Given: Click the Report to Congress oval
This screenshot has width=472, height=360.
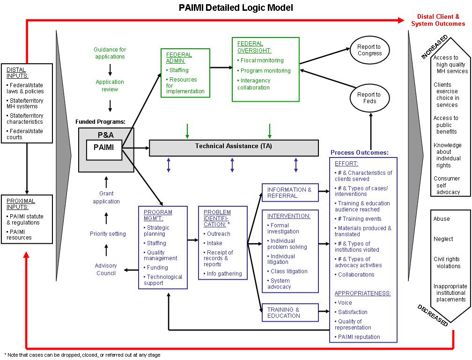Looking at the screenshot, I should pyautogui.click(x=369, y=50).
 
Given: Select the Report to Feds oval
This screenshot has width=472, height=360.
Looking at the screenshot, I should pyautogui.click(x=369, y=98).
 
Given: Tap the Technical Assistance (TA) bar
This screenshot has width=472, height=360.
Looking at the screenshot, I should pyautogui.click(x=233, y=146).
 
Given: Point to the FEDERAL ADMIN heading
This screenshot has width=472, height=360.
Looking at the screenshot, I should pyautogui.click(x=179, y=58).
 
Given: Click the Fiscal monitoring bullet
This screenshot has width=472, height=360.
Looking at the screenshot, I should pyautogui.click(x=261, y=60).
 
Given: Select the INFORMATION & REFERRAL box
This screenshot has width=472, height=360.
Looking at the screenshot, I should pyautogui.click(x=289, y=193).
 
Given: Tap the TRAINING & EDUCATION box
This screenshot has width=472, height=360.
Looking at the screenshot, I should pyautogui.click(x=289, y=313).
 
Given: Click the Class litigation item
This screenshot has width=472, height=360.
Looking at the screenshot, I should pyautogui.click(x=289, y=271).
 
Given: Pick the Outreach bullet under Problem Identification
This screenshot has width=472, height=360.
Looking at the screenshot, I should pyautogui.click(x=218, y=234).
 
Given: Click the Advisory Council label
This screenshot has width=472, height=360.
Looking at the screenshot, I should pyautogui.click(x=106, y=270).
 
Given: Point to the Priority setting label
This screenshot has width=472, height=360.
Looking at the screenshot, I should pyautogui.click(x=108, y=234).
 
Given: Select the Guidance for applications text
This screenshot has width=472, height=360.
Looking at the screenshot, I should pyautogui.click(x=110, y=53).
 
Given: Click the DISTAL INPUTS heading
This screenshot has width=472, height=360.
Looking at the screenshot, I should pyautogui.click(x=16, y=73).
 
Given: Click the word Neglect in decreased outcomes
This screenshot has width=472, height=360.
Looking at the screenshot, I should pyautogui.click(x=443, y=239).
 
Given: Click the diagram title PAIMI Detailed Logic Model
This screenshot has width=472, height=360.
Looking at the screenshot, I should pyautogui.click(x=236, y=8).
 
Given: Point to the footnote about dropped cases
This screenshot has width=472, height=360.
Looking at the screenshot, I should pyautogui.click(x=82, y=355).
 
